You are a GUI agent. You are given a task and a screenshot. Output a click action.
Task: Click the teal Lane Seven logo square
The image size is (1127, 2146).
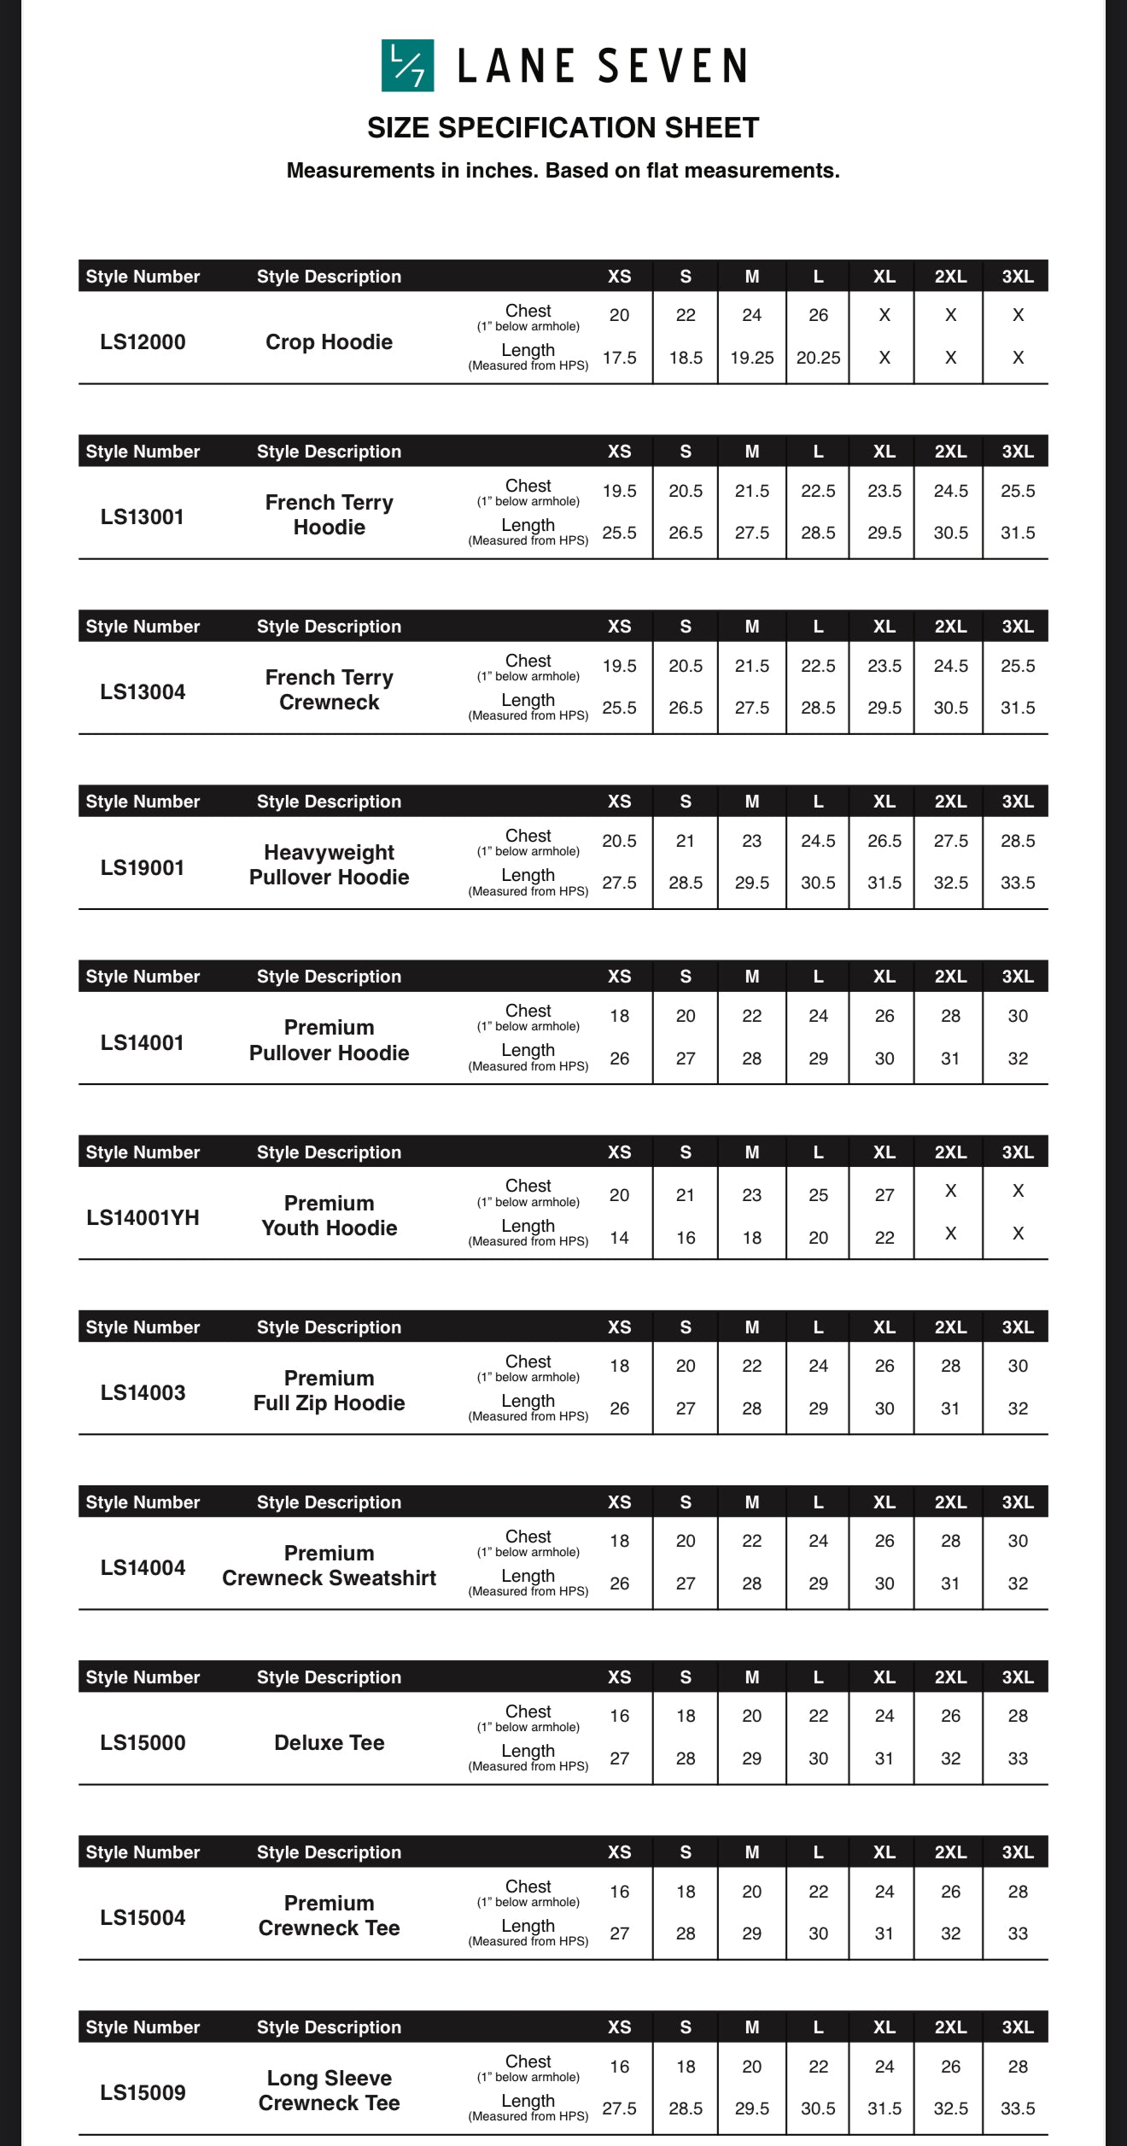click(407, 66)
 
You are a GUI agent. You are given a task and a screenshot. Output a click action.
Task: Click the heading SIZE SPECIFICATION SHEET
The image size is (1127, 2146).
click(563, 128)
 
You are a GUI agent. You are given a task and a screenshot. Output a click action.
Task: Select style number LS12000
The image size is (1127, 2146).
click(143, 342)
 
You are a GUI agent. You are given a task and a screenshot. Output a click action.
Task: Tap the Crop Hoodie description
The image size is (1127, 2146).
click(329, 342)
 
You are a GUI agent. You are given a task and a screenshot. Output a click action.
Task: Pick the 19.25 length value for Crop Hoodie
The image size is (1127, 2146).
click(751, 358)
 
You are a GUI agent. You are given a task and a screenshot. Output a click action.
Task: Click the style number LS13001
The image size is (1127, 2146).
click(143, 517)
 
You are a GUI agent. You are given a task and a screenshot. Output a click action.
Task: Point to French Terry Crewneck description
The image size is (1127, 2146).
click(329, 690)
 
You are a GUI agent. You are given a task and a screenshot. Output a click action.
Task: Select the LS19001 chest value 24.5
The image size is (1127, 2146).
click(818, 841)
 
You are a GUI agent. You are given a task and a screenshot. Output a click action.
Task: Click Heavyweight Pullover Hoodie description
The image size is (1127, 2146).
click(329, 865)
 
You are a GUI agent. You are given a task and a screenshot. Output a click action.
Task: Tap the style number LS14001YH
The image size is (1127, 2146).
click(143, 1218)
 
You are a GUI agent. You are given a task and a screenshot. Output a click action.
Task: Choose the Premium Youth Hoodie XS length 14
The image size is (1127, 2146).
click(619, 1238)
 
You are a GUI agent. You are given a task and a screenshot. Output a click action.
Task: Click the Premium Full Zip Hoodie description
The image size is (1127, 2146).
click(329, 1391)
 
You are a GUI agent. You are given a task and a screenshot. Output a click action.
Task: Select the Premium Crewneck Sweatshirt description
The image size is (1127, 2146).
click(329, 1566)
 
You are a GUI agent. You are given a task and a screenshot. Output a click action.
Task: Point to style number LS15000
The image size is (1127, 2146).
click(143, 1743)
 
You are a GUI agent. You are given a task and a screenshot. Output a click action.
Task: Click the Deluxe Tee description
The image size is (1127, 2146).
click(329, 1743)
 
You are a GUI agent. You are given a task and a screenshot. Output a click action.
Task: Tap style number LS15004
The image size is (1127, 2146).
click(143, 1918)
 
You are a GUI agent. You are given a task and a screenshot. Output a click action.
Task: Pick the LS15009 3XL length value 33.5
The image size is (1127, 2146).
click(1018, 2108)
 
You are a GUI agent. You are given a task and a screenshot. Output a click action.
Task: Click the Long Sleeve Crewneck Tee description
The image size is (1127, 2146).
click(329, 2091)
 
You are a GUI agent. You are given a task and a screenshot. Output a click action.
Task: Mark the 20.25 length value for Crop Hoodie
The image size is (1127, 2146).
click(818, 358)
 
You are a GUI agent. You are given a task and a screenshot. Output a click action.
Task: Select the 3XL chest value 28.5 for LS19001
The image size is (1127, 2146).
click(1018, 841)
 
